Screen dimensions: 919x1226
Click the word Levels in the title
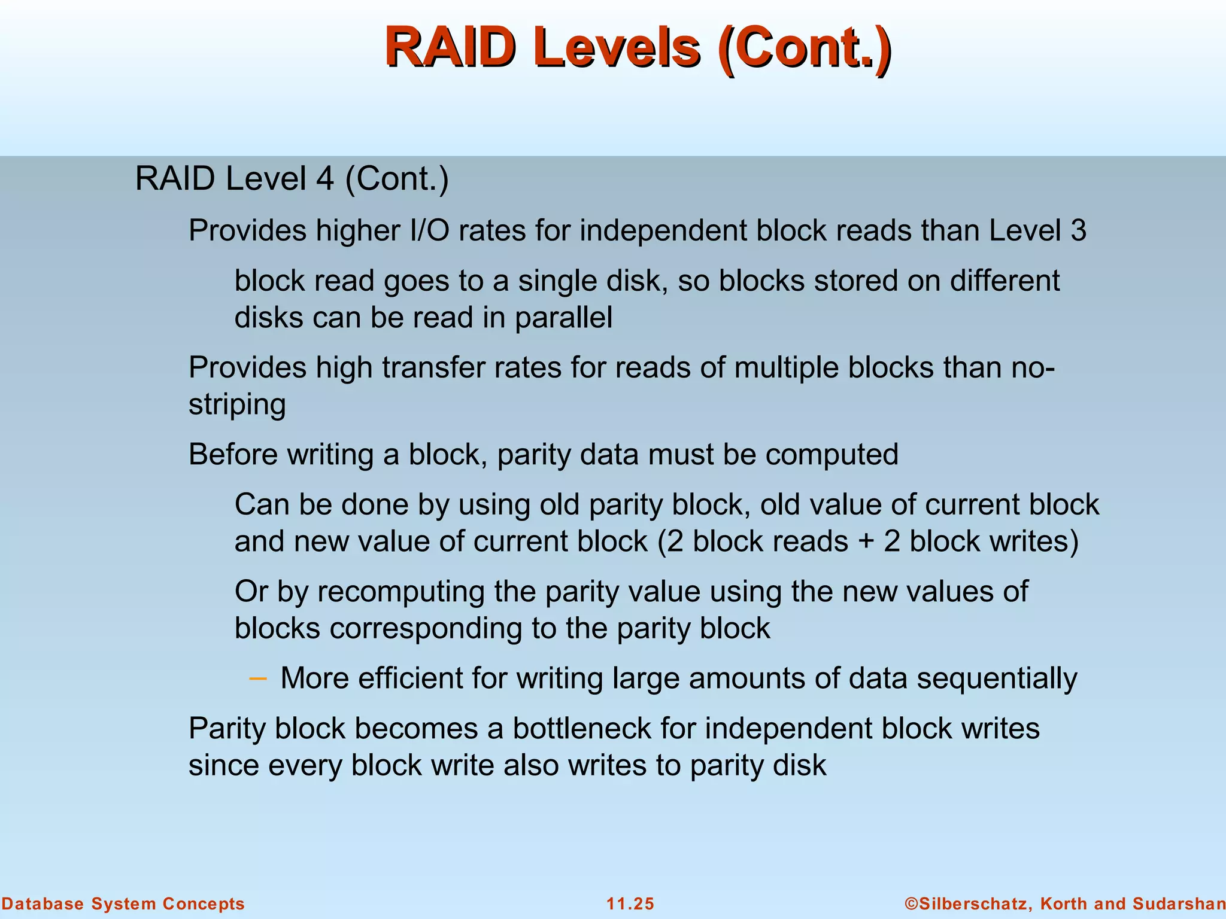[617, 48]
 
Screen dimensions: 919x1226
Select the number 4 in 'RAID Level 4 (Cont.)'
[324, 179]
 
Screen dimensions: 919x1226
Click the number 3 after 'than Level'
[1078, 231]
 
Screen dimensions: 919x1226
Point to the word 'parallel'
[563, 318]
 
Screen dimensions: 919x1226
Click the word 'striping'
[237, 405]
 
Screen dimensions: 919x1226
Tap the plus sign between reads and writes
[866, 542]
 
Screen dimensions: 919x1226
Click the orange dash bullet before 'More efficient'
[257, 678]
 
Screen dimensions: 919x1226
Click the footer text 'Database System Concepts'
[123, 903]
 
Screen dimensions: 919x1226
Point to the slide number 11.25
[630, 903]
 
